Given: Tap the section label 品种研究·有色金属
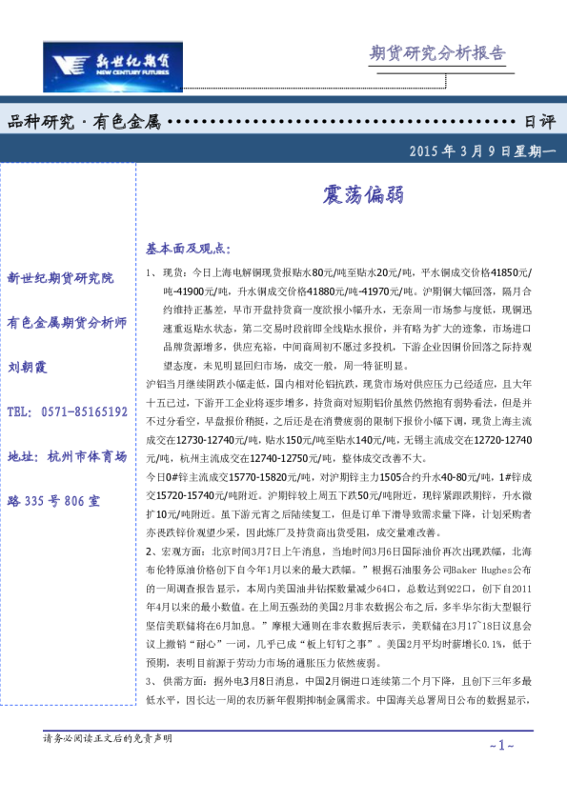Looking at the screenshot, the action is pos(84,122).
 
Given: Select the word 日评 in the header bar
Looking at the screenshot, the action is pos(539,122).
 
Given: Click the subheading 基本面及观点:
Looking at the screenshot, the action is pos(188,249).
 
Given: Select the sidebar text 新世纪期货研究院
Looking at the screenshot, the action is pos(60,278).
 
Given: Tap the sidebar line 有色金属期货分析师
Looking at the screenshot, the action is pos(67,323).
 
